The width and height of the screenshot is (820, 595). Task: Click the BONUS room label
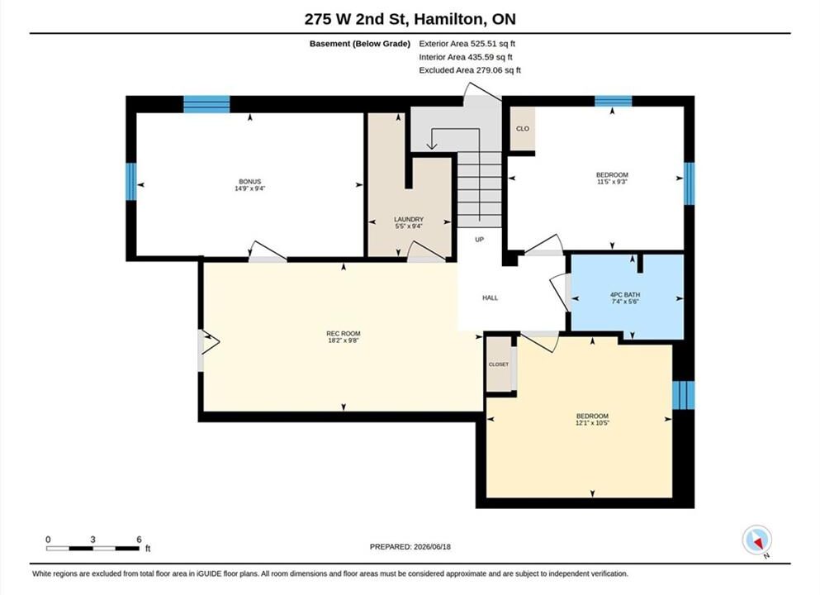(250, 182)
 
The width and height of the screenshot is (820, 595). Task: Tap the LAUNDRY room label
(409, 219)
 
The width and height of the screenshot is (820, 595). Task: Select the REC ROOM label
(343, 333)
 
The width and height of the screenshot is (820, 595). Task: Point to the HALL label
(490, 297)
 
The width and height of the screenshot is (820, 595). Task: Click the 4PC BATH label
(625, 295)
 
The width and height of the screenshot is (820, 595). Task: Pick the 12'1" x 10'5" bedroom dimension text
(593, 422)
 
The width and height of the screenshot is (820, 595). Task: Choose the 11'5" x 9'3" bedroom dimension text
(612, 182)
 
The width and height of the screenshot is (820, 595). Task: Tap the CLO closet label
(523, 129)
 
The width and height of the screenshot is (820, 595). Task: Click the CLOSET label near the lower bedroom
(499, 364)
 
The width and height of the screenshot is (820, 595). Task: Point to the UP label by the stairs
(479, 239)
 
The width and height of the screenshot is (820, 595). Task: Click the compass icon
(756, 540)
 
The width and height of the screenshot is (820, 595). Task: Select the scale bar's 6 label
(139, 539)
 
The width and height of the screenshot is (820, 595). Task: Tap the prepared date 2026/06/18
(432, 546)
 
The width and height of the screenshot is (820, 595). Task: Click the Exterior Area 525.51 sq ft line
(467, 44)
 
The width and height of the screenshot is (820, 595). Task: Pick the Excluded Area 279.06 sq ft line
(470, 69)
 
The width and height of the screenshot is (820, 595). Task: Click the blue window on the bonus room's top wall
(206, 104)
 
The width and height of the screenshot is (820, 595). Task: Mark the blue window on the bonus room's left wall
(130, 182)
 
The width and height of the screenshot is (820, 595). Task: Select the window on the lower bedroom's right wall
(684, 395)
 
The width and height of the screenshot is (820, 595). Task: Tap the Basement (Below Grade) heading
(360, 44)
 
